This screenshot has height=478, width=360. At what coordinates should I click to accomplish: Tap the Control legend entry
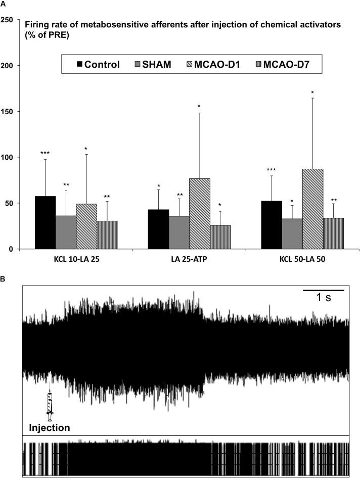pyautogui.click(x=98, y=64)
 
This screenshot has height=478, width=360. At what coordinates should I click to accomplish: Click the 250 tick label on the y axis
pyautogui.click(x=7, y=20)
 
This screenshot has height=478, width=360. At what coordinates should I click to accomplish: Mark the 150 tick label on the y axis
pyautogui.click(x=7, y=112)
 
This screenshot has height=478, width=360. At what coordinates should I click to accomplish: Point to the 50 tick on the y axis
pyautogui.click(x=9, y=203)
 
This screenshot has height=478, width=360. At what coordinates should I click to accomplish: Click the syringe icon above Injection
pyautogui.click(x=50, y=406)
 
